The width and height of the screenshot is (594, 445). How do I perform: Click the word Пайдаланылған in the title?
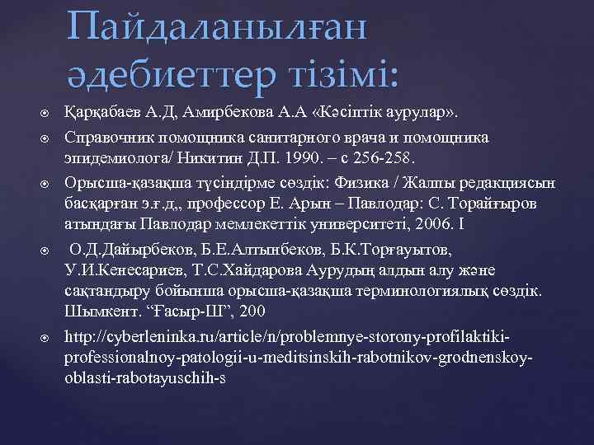[x=217, y=27]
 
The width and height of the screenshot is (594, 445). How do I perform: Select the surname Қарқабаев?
[x=103, y=113]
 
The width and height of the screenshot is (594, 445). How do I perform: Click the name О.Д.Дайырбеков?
[x=124, y=248]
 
